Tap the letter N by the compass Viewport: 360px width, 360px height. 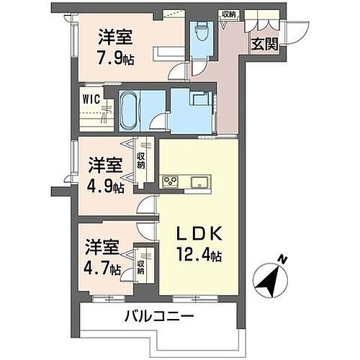pyautogui.click(x=283, y=259)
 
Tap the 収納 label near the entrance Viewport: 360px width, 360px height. pyautogui.click(x=229, y=14)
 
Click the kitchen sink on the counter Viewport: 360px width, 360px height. pyautogui.click(x=197, y=179)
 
